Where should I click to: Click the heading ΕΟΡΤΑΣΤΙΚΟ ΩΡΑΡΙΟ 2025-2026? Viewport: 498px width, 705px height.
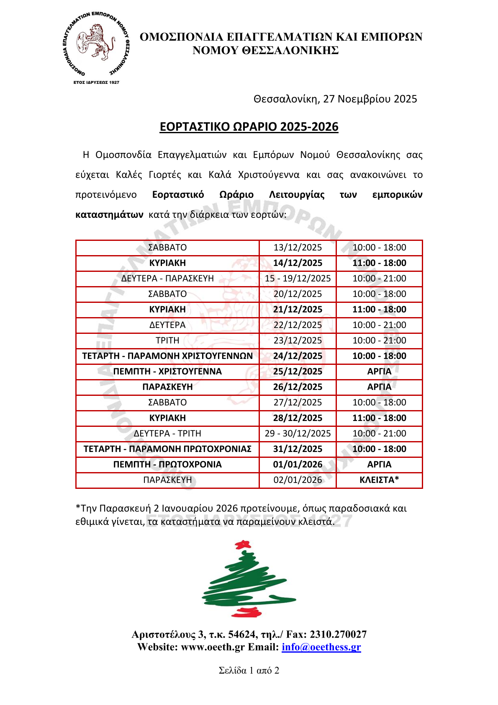click(249, 127)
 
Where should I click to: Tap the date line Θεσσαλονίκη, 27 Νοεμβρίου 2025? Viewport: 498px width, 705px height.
click(335, 99)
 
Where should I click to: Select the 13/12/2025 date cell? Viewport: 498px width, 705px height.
click(298, 248)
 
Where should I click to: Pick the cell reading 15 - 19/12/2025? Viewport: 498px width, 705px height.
click(298, 279)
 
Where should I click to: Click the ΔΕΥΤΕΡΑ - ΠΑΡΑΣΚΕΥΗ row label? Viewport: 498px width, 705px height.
click(167, 279)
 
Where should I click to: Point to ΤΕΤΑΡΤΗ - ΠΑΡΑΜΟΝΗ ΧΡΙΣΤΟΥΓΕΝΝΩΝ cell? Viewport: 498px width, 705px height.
click(167, 356)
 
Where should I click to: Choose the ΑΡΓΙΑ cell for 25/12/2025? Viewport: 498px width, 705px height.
click(379, 372)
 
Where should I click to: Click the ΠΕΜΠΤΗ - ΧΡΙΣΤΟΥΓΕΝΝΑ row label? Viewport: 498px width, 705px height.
click(167, 372)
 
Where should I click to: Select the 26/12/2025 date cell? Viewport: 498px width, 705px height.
click(298, 387)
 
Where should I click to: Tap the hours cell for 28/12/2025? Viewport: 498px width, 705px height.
click(379, 418)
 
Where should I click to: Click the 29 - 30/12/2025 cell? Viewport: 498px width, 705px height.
click(298, 434)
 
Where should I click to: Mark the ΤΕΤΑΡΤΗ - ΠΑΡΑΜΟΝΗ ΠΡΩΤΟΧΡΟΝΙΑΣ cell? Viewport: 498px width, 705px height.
click(167, 449)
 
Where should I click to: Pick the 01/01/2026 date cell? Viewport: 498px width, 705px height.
click(298, 465)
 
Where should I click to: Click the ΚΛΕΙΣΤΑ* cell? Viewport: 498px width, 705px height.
click(379, 480)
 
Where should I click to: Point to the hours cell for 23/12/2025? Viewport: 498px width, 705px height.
click(379, 341)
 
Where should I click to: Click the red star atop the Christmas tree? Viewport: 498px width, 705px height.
click(242, 545)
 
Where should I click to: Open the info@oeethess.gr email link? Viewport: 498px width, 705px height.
click(321, 647)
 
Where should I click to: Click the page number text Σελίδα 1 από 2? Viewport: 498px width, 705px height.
click(249, 671)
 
